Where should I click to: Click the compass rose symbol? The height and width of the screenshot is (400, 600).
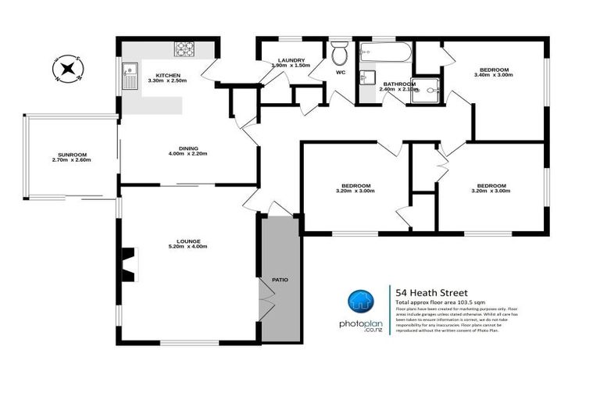(x=67, y=68)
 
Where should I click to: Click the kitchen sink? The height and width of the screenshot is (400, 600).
(x=129, y=77)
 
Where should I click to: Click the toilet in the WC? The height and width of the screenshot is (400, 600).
(x=338, y=55)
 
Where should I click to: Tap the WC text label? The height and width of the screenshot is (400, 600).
(x=341, y=73)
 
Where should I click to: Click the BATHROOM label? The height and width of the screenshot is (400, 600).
(x=398, y=84)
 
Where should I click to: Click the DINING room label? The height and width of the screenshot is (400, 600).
(x=188, y=148)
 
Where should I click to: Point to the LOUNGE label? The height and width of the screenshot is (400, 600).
(x=188, y=241)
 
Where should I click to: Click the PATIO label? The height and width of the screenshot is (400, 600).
(x=280, y=278)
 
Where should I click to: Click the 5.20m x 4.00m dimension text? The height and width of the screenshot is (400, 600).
(x=188, y=247)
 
